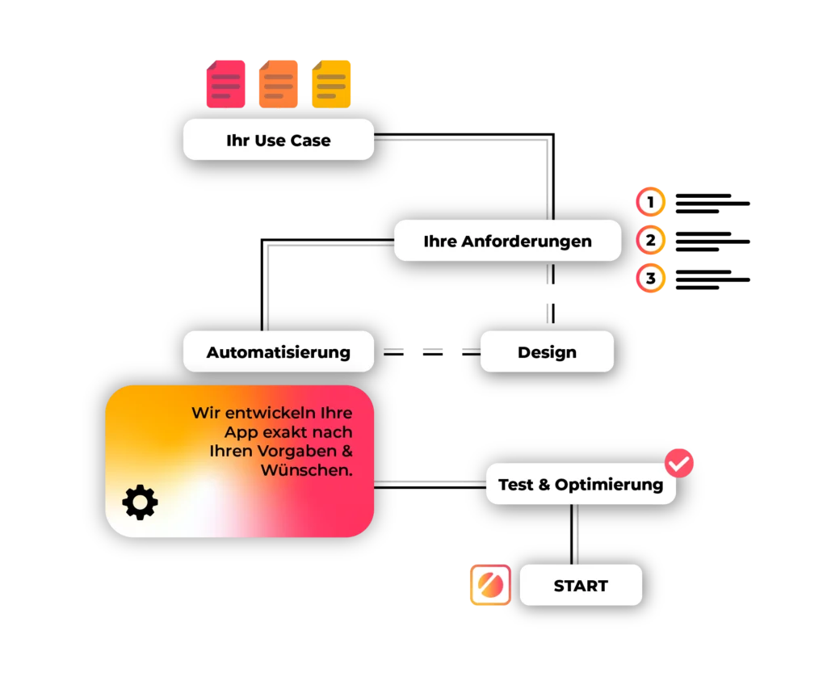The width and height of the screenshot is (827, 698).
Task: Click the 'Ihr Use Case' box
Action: [279, 140]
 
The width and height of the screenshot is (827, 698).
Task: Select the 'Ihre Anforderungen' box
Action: [507, 241]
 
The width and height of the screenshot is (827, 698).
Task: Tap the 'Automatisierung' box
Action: [279, 351]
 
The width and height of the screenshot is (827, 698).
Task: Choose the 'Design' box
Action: [547, 351]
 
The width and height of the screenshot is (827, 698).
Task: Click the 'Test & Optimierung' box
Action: [580, 485]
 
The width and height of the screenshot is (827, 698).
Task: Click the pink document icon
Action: [225, 84]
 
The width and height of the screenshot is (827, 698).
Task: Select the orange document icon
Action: [279, 84]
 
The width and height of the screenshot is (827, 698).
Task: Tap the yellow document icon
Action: [332, 84]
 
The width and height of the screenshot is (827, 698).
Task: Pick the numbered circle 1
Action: [650, 201]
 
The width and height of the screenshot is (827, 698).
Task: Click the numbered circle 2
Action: [650, 240]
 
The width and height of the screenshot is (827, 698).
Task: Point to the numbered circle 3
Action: [650, 279]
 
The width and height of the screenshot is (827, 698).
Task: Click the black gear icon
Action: [141, 502]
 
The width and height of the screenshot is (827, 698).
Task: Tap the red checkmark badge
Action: [679, 463]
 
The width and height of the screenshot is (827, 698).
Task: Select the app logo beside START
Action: [490, 585]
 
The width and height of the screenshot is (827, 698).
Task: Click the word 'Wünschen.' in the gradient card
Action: [307, 470]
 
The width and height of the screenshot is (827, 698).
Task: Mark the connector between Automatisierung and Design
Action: [428, 349]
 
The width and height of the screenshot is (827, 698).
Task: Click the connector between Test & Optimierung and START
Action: [578, 535]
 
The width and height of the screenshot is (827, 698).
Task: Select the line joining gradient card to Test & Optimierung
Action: [429, 481]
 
